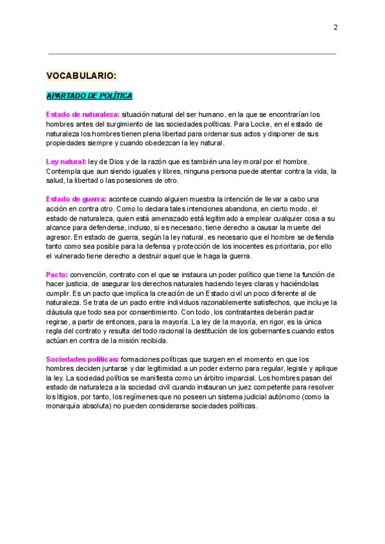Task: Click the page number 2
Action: point(336,27)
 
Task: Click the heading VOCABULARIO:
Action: point(81,75)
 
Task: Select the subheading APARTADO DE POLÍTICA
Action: point(89,96)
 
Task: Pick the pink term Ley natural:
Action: point(66,161)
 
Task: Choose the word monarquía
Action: point(67,406)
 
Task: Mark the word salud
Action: point(56,180)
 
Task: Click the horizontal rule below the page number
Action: point(193,54)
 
